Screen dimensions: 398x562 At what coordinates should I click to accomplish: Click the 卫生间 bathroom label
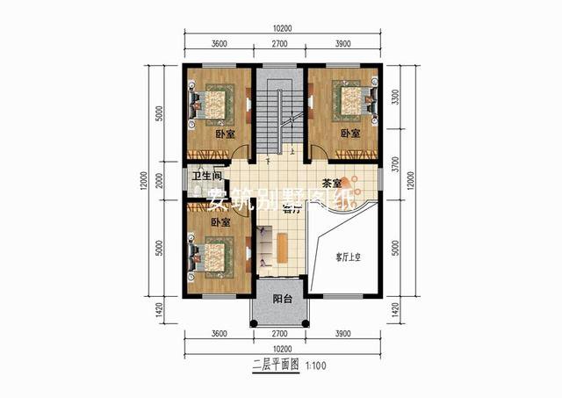pos(206,176)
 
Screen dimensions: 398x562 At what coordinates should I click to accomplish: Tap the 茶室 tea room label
pos(333,183)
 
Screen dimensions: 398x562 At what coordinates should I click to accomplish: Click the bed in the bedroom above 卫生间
pos(211,103)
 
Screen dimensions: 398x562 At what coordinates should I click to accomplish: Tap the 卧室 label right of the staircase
pos(349,134)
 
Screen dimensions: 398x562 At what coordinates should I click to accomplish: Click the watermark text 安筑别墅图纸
pos(281,201)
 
